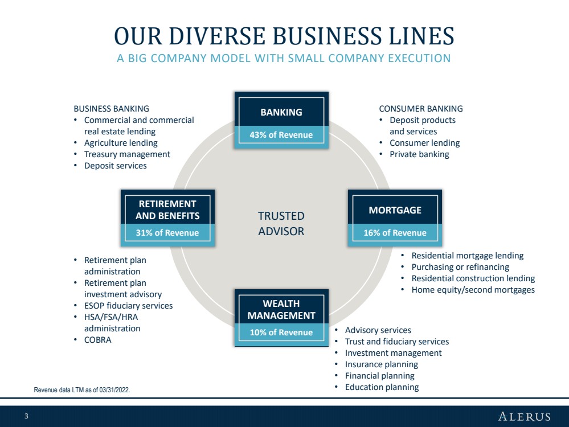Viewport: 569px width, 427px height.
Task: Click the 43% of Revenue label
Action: point(281,135)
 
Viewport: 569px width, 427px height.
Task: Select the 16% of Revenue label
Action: point(395,233)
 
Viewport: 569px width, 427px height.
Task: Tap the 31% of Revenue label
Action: point(167,233)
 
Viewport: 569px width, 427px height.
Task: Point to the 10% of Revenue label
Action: point(281,332)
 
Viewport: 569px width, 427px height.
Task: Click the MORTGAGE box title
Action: point(395,210)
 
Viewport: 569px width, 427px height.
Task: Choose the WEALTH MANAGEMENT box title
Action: point(281,310)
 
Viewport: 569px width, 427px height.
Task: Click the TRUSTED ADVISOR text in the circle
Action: point(281,224)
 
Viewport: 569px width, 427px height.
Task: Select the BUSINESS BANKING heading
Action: point(112,109)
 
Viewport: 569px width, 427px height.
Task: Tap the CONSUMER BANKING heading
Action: point(421,109)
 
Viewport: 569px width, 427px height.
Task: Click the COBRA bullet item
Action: point(97,340)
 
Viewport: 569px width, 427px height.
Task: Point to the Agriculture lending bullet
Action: point(121,143)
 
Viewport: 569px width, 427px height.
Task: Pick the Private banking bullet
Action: point(419,154)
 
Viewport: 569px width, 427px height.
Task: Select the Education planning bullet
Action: point(382,387)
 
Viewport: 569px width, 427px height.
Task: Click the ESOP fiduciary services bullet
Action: point(129,306)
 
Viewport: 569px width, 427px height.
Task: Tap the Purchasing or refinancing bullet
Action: point(460,267)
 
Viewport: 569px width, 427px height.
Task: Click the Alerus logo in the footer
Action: point(525,416)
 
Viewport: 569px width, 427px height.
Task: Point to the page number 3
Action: point(26,416)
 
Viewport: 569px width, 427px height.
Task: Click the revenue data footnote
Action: point(81,390)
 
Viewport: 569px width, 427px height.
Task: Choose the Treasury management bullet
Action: point(127,154)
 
